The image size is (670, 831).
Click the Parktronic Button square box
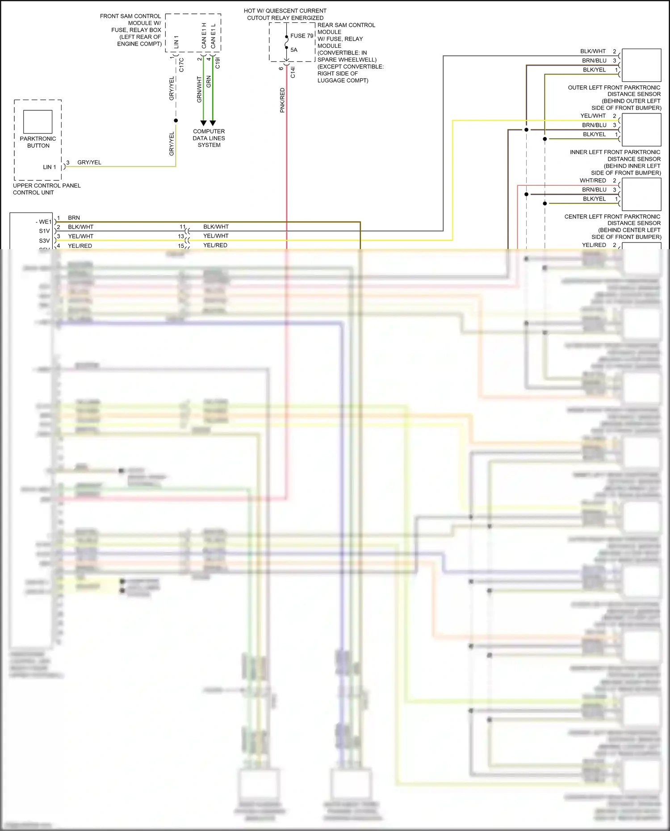(x=38, y=121)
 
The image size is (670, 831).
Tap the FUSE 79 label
(x=301, y=36)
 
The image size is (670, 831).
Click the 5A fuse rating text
(x=294, y=50)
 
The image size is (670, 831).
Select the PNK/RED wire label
(x=282, y=100)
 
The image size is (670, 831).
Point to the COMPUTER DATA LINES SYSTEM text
(x=209, y=138)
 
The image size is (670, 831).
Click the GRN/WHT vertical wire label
(x=200, y=89)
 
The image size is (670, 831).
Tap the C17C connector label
(x=181, y=65)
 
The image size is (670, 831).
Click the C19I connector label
(x=218, y=63)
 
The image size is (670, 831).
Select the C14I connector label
(x=293, y=72)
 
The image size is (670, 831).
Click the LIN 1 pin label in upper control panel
(x=50, y=167)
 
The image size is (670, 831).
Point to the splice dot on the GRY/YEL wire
(x=176, y=121)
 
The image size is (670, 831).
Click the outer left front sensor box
(x=641, y=65)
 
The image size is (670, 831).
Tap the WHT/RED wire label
(x=593, y=180)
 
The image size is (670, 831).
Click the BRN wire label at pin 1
(x=74, y=218)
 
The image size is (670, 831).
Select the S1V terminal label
(x=44, y=231)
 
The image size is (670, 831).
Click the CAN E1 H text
(x=204, y=36)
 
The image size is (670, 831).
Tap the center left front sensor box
(x=641, y=194)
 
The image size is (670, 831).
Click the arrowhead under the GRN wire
(x=213, y=123)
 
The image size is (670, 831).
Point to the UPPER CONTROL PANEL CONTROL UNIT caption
(x=46, y=189)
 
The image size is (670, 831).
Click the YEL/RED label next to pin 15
(x=215, y=245)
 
